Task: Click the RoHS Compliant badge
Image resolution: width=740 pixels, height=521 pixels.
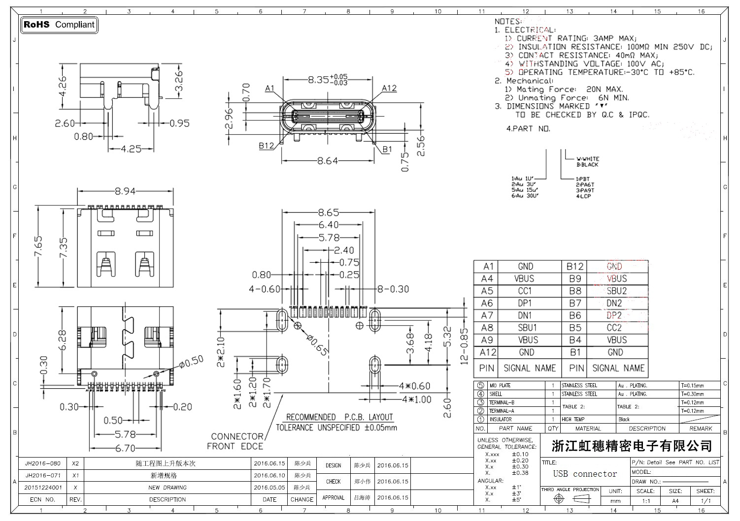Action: (x=59, y=25)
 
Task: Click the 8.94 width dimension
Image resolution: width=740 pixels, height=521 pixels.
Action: (x=125, y=191)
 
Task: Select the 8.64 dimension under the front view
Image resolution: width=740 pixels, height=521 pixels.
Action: (x=328, y=161)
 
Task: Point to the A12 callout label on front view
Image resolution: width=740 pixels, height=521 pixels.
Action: (x=389, y=88)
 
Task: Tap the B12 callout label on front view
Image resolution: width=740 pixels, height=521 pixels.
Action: (x=267, y=146)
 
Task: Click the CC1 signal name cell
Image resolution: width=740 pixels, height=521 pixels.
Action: (x=525, y=291)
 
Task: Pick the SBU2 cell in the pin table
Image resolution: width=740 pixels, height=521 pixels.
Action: (x=617, y=291)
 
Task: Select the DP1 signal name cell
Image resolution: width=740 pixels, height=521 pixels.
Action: (x=525, y=303)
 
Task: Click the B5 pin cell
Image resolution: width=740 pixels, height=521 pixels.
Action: (x=575, y=328)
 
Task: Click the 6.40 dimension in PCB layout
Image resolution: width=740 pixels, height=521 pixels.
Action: (x=329, y=225)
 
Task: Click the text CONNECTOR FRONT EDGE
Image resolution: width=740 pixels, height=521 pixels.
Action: (x=235, y=441)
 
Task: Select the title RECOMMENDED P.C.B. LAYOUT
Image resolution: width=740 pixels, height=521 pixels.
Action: (x=339, y=417)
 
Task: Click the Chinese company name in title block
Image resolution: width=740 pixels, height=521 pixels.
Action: (x=632, y=446)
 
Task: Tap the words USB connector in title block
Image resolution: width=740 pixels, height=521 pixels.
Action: (x=585, y=474)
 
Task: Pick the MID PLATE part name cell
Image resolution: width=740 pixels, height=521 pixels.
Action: (x=500, y=386)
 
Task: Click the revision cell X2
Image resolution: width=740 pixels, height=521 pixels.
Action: (x=75, y=463)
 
